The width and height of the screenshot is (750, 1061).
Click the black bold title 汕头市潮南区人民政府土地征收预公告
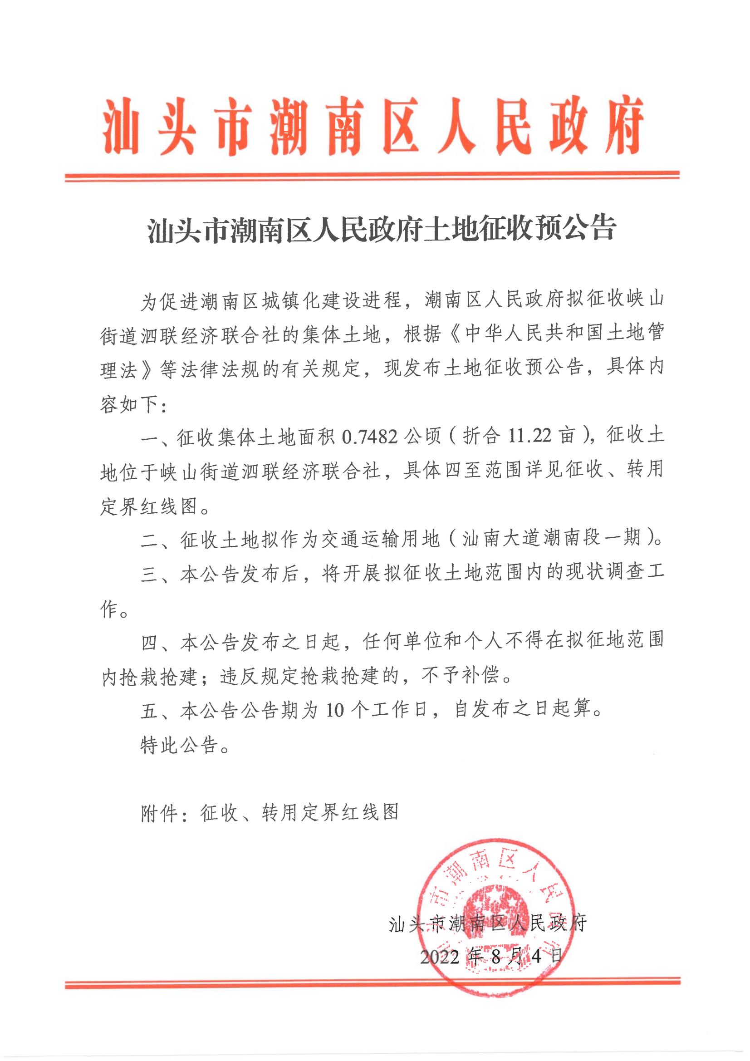(382, 229)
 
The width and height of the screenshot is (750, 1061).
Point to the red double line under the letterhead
(372, 176)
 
